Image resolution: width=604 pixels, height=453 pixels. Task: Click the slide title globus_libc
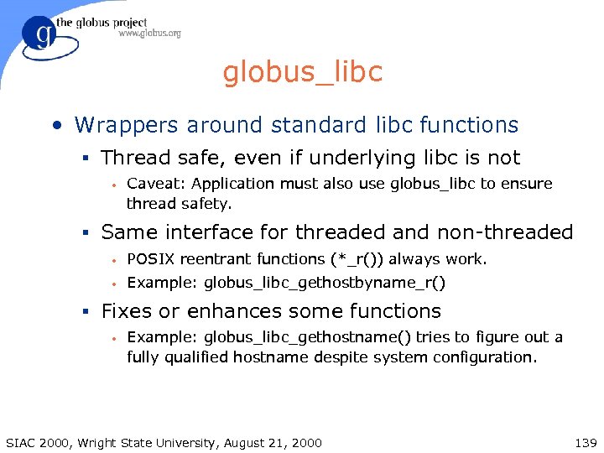tap(302, 72)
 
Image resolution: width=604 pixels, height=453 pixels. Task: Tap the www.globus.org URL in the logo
tap(149, 34)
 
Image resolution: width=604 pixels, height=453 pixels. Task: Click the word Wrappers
tap(126, 125)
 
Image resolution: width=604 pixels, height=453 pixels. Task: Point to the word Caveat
tap(153, 184)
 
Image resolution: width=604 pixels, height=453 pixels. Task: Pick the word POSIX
tap(150, 259)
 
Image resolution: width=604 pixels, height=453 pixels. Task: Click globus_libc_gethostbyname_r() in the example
tap(325, 283)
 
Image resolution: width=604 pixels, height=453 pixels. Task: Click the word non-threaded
tap(503, 232)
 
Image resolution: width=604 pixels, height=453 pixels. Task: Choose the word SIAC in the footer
tap(21, 442)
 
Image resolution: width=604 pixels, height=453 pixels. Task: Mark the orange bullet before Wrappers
tap(55, 126)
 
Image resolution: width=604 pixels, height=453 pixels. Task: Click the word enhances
tap(213, 311)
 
